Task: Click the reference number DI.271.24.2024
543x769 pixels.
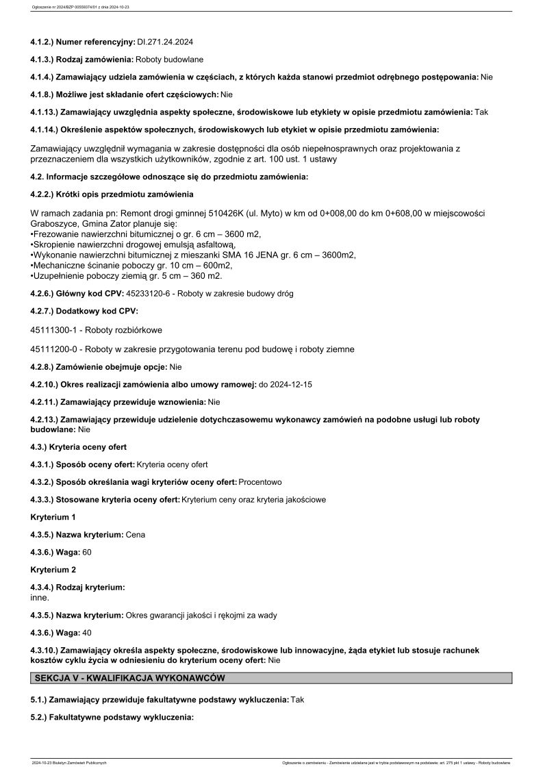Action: (165, 42)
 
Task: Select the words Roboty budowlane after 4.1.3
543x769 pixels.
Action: (169, 60)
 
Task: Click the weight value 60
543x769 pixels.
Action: (87, 552)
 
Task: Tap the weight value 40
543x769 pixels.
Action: (87, 633)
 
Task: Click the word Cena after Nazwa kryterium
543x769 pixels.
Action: (136, 534)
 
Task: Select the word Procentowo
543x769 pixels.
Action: (260, 481)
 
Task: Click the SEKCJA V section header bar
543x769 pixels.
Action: (271, 678)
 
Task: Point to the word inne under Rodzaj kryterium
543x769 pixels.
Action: (40, 597)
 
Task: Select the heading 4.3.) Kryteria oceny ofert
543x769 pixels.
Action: (79, 447)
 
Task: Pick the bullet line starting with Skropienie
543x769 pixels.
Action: (134, 244)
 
